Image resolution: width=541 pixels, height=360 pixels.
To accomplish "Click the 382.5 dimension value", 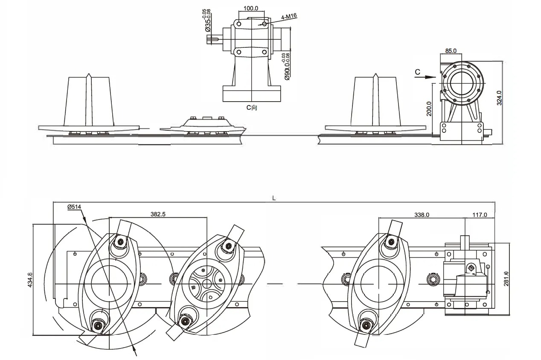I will [158, 214].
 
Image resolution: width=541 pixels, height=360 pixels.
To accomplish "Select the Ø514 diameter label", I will [74, 207].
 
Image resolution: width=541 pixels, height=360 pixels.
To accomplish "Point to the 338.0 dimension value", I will [422, 215].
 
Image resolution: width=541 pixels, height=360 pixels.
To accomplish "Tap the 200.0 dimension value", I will [429, 108].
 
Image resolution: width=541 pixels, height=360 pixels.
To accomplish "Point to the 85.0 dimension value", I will [451, 50].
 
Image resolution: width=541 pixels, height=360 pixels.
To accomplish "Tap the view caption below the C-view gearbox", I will [252, 108].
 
